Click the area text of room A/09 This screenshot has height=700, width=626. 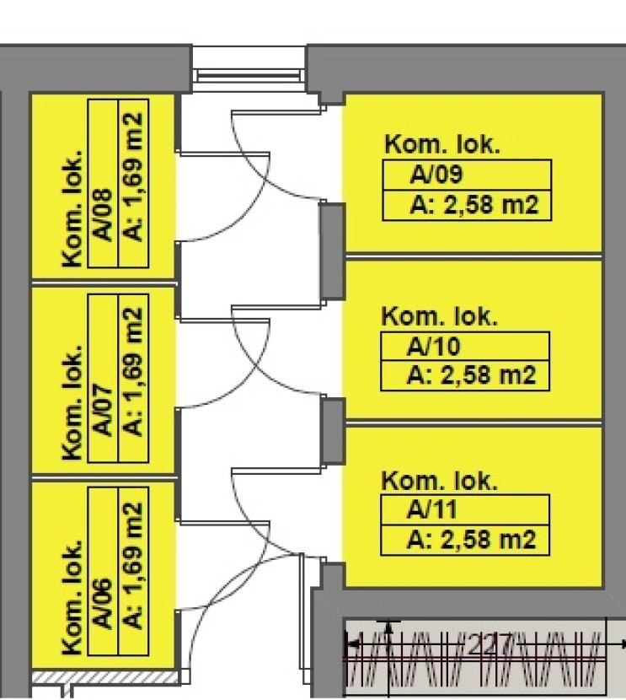(473, 206)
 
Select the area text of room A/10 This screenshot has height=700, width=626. (472, 374)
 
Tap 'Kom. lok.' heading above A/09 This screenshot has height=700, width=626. (442, 144)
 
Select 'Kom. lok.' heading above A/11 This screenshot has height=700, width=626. (441, 481)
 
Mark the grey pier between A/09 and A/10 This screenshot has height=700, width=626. (333, 251)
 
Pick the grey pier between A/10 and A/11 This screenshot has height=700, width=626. (333, 430)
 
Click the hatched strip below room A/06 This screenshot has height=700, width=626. (101, 678)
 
